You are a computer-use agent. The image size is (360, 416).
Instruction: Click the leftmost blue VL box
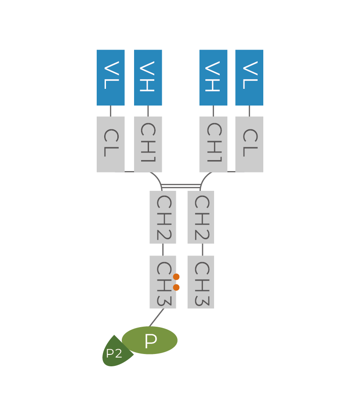111,77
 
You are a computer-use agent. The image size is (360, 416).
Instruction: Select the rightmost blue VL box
249,77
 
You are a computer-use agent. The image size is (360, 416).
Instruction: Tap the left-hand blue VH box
148,77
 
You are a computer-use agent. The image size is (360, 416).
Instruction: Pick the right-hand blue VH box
213,77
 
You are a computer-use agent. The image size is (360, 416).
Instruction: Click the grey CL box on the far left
111,144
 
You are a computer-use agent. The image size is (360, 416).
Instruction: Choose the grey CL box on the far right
249,144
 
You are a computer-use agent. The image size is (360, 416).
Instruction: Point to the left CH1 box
148,144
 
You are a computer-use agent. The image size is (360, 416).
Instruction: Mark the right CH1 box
213,144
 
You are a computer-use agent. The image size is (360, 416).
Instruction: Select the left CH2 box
163,217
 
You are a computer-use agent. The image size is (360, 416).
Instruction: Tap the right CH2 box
200,217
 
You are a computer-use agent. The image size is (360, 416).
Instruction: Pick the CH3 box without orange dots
200,282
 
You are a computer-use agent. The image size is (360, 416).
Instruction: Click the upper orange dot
176,277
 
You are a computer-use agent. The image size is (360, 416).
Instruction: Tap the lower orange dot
176,288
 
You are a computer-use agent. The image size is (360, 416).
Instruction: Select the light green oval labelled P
150,340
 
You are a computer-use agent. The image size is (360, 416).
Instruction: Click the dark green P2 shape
114,353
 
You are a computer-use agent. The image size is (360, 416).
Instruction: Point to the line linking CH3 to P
157,317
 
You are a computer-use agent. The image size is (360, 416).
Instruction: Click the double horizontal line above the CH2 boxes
182,186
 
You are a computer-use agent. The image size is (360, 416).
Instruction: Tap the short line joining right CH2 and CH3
203,249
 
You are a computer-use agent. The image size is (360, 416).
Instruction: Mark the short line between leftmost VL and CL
110,111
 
